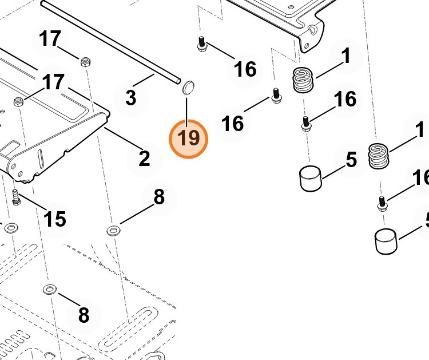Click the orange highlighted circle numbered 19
click(189, 138)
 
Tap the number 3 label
click(131, 98)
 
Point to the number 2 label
click(145, 158)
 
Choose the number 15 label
click(55, 219)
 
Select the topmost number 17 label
click(50, 39)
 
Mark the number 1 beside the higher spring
click(345, 57)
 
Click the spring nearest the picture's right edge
click(378, 156)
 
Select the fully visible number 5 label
click(351, 160)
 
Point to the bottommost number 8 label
click(84, 315)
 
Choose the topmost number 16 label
click(245, 69)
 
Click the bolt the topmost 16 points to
click(201, 43)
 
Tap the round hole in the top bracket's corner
click(312, 28)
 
